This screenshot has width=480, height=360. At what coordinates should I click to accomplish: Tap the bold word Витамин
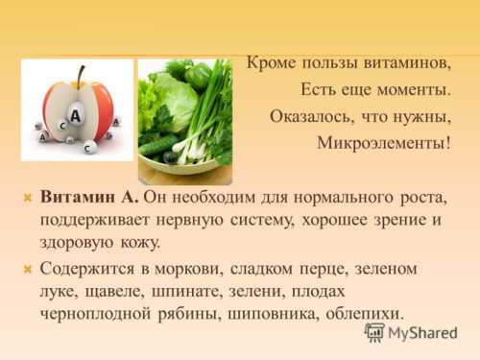point(79,197)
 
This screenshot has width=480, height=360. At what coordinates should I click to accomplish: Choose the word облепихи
point(360,314)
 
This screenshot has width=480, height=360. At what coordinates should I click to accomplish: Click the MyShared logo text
point(423,333)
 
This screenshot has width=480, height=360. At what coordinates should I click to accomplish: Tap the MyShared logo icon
point(374,332)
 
